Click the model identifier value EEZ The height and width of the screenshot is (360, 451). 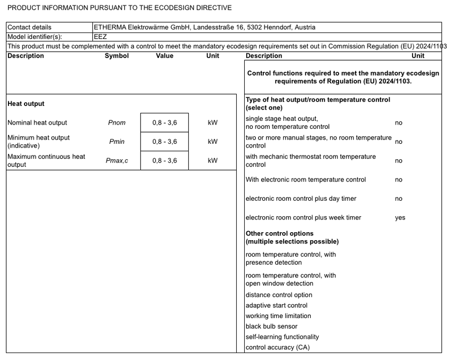pos(100,37)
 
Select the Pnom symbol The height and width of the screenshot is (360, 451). pos(117,122)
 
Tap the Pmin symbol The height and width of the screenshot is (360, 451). pos(117,142)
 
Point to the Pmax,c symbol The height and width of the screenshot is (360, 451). pos(117,160)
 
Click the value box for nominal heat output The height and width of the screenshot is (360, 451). pos(164,122)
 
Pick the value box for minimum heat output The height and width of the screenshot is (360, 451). pos(164,142)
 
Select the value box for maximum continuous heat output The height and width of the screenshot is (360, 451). pos(164,160)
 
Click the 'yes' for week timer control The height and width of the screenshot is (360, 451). pos(400,218)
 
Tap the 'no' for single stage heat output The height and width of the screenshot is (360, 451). pos(399,123)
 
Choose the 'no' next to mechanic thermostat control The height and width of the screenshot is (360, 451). pos(399,161)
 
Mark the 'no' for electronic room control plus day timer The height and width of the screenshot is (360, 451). pos(399,199)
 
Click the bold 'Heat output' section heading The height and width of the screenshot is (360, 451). pos(26,104)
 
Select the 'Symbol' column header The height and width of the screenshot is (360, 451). pos(117,56)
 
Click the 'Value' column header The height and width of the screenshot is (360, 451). pos(164,56)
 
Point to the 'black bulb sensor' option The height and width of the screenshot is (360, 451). pos(271,326)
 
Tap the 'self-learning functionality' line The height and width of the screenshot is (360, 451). pos(282,337)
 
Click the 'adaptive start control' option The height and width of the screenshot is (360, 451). pos(276,306)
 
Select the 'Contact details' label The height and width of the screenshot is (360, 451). pos(29,27)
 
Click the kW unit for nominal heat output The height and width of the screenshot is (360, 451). pos(213,122)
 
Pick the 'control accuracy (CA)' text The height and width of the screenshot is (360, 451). pos(277,348)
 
